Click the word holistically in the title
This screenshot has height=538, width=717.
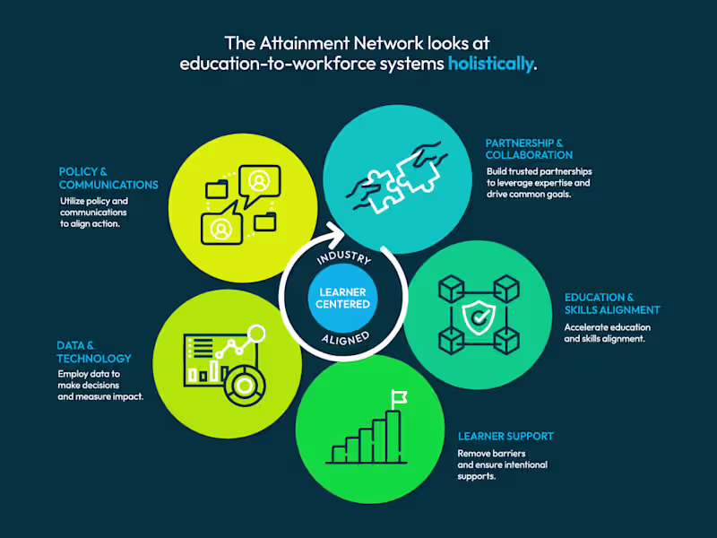click(490, 64)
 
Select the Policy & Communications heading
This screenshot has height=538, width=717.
click(108, 178)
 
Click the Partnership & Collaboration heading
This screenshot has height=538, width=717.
click(524, 149)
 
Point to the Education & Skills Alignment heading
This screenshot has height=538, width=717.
click(612, 303)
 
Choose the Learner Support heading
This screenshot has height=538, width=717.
click(505, 436)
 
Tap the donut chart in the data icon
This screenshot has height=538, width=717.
click(243, 387)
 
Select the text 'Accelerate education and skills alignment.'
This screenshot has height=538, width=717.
click(607, 334)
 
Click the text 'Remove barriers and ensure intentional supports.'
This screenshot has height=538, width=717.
click(502, 464)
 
